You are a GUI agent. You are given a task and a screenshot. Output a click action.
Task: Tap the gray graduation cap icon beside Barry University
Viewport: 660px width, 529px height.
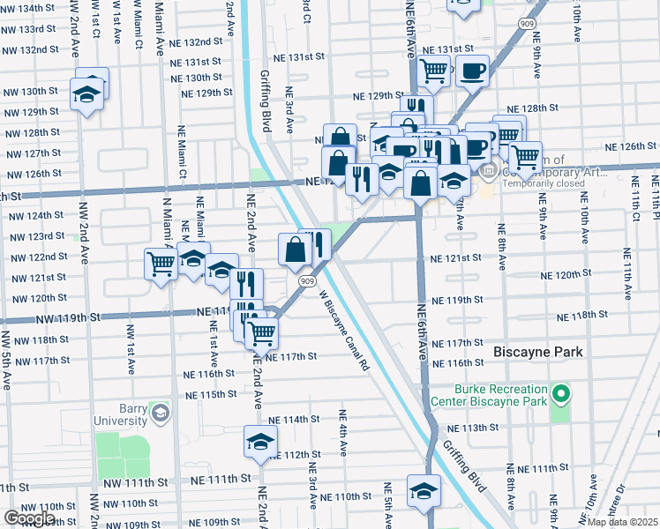tap(160, 413)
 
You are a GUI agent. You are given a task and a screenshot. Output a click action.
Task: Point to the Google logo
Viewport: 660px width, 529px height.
tap(29, 518)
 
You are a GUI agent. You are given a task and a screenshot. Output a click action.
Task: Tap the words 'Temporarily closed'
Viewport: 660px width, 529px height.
tap(544, 184)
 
